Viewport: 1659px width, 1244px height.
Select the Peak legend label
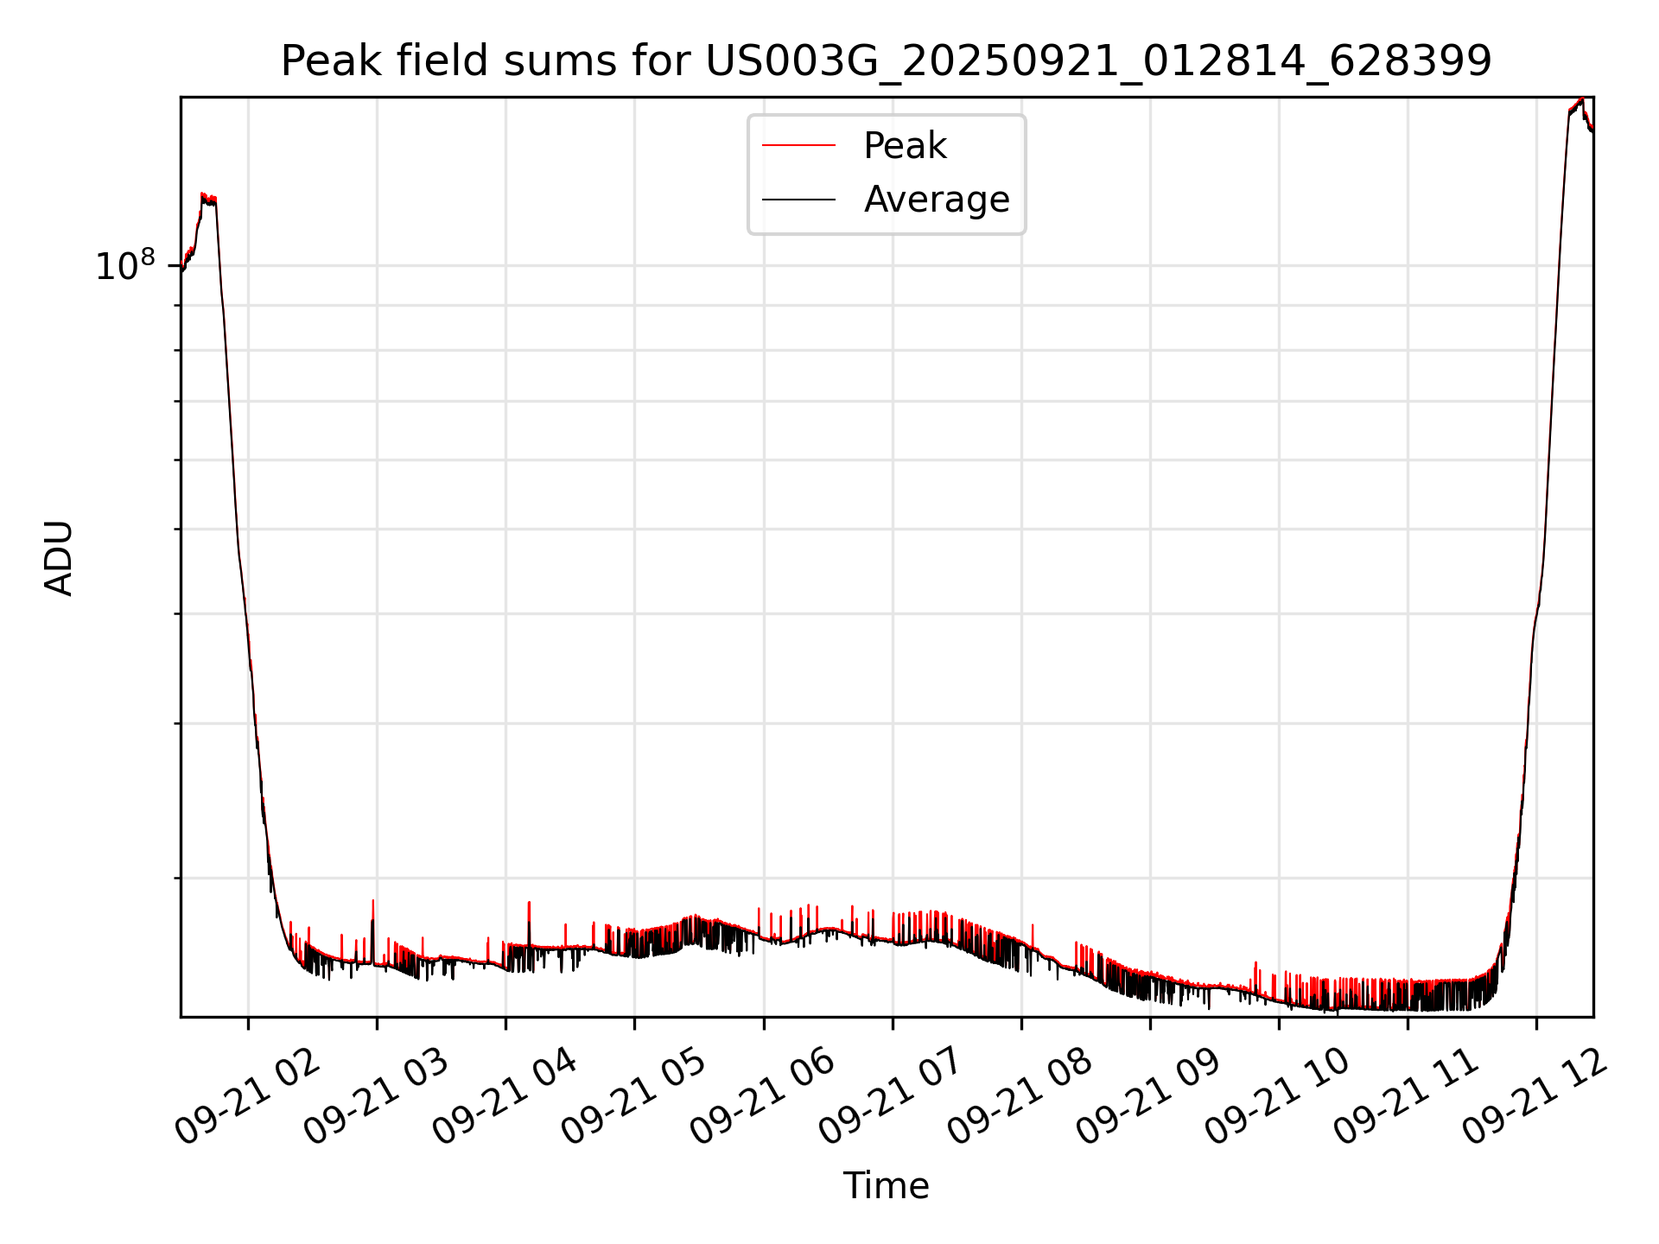coord(905,146)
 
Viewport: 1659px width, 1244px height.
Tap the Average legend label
coord(936,200)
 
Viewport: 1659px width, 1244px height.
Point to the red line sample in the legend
coord(798,146)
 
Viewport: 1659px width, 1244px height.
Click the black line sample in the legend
coord(798,200)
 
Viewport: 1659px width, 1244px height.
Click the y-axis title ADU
coord(59,557)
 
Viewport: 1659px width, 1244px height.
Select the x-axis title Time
coord(886,1186)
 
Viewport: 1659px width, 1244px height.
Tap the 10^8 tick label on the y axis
coord(124,266)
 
